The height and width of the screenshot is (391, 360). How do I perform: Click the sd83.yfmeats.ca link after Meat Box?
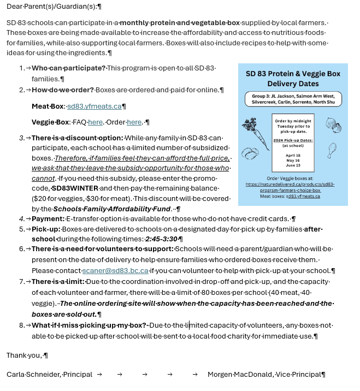94,106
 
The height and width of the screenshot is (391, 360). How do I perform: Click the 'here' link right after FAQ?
95,122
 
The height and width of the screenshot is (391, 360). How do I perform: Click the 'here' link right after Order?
134,122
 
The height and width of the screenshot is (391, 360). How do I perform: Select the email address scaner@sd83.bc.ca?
115,270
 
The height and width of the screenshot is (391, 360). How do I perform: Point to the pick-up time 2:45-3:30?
161,239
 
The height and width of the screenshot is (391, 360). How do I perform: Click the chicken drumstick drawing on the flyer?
331,149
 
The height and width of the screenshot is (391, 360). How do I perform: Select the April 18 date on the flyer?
293,155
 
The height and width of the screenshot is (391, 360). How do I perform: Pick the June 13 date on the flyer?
293,165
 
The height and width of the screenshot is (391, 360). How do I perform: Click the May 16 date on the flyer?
293,160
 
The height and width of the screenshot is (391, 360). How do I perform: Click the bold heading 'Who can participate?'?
68,68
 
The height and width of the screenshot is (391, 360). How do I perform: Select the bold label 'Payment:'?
48,219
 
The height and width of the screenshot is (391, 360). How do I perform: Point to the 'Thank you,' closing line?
25,356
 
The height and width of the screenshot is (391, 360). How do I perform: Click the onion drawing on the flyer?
334,126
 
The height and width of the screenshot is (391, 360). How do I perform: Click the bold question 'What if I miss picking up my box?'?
89,325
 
